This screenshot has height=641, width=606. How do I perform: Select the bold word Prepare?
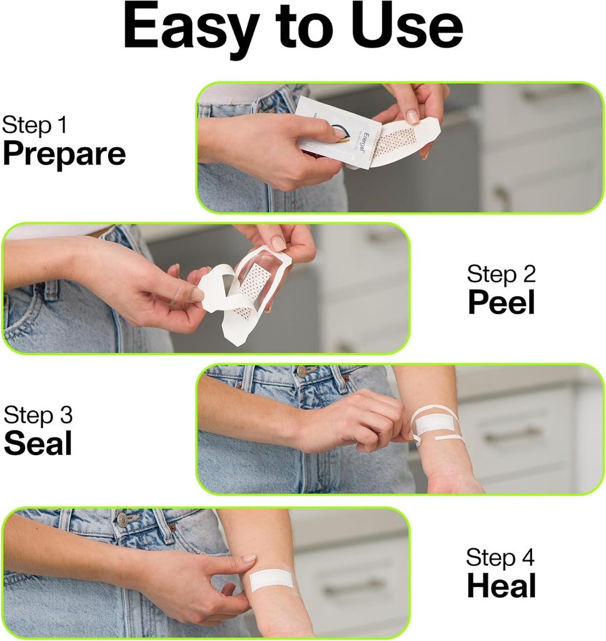pyautogui.click(x=64, y=154)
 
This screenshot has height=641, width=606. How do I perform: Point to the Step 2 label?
pyautogui.click(x=501, y=274)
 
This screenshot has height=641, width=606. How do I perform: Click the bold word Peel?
pyautogui.click(x=501, y=303)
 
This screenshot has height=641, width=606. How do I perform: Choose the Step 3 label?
pyautogui.click(x=38, y=414)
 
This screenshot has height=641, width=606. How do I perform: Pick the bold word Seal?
pyautogui.click(x=38, y=443)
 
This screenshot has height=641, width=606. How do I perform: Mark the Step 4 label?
pyautogui.click(x=501, y=557)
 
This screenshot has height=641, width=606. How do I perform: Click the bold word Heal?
pyautogui.click(x=501, y=587)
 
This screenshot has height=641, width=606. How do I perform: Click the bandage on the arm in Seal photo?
pyautogui.click(x=435, y=424)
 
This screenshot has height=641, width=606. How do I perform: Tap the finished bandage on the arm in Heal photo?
pyautogui.click(x=271, y=580)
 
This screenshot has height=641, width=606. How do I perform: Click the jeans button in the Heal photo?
pyautogui.click(x=123, y=519)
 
